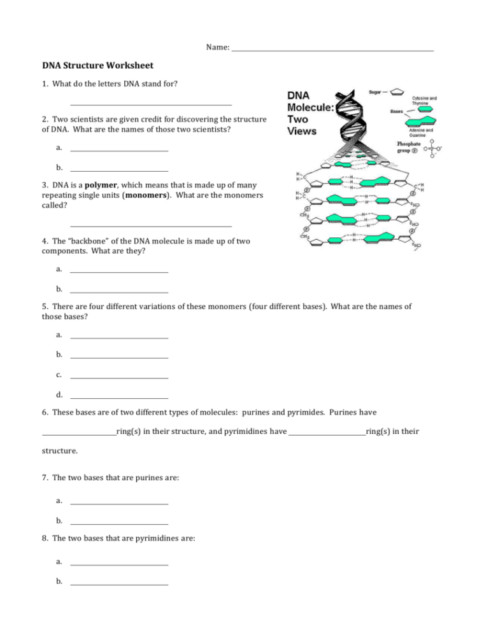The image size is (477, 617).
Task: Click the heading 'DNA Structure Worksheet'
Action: [97, 66]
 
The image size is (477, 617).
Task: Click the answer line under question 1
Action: [150, 104]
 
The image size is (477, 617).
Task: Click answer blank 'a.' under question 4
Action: [119, 272]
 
